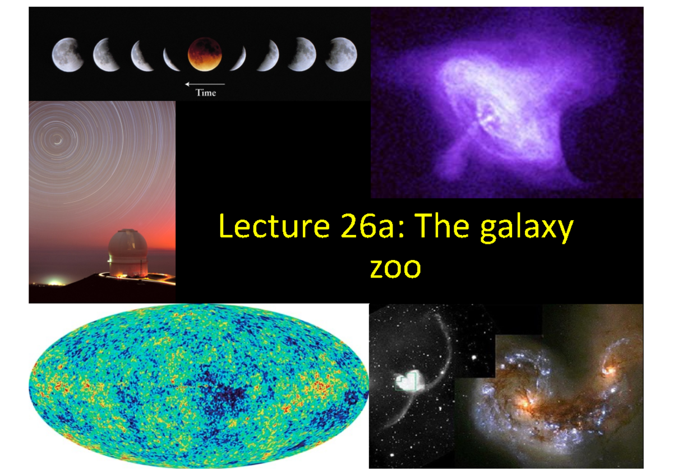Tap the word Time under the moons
205,93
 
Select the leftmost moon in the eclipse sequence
67,54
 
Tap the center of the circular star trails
56,140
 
